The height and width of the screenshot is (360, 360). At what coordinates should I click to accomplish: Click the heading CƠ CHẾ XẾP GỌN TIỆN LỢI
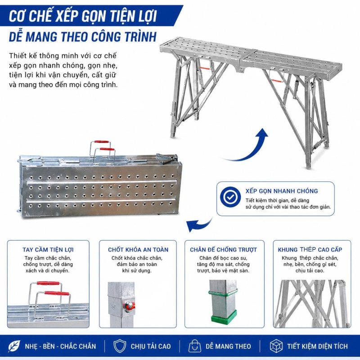83,16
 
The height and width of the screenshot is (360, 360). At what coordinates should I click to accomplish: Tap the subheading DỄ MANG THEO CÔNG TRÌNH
83,37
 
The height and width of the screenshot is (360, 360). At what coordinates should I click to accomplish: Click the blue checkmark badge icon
230,197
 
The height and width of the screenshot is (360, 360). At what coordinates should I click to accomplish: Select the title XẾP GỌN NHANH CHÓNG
282,191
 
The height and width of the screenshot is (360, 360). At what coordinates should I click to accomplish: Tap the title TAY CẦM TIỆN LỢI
48,250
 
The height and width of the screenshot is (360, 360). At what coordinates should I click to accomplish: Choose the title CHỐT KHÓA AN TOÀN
138,250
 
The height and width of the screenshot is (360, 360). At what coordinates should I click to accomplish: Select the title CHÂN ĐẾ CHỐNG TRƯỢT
223,250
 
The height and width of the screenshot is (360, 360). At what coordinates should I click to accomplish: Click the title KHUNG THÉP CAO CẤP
310,250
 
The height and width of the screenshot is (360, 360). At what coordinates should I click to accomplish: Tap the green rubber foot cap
224,317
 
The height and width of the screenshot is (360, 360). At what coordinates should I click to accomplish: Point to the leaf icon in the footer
14,346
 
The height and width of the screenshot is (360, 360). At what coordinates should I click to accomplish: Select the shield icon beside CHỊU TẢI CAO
120,346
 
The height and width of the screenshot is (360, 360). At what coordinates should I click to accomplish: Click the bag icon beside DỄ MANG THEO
195,346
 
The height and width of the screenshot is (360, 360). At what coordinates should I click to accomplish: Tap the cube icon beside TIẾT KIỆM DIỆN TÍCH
276,346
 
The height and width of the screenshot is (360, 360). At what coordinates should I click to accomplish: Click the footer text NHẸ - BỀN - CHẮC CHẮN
60,346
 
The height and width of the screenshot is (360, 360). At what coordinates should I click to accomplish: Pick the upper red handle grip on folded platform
101,142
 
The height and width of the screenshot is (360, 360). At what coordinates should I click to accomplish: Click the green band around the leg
223,293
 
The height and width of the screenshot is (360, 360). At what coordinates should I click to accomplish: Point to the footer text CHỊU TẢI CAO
151,346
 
